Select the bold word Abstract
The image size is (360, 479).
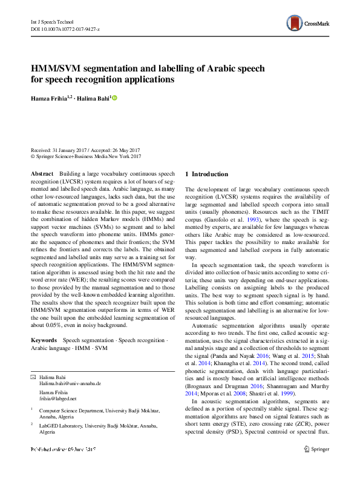[x=42, y=174]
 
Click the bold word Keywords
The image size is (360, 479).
[x=44, y=340]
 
